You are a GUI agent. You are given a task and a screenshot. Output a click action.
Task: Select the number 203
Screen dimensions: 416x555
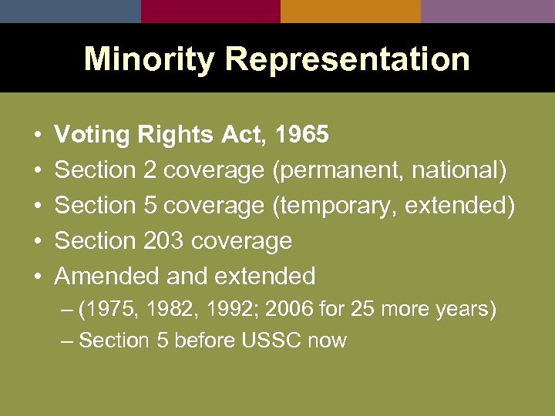(163, 241)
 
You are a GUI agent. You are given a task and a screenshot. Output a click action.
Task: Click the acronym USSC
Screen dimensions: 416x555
(266, 341)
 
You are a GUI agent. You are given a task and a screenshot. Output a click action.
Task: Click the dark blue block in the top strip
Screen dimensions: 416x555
(70, 11)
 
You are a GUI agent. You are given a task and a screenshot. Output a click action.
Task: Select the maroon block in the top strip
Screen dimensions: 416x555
(210, 11)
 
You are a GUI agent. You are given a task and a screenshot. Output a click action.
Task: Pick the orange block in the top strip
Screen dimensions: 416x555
(351, 11)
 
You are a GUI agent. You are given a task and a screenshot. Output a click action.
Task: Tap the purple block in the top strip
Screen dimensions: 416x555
(488, 11)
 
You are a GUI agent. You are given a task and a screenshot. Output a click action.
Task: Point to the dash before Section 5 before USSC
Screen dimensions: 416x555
(67, 341)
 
